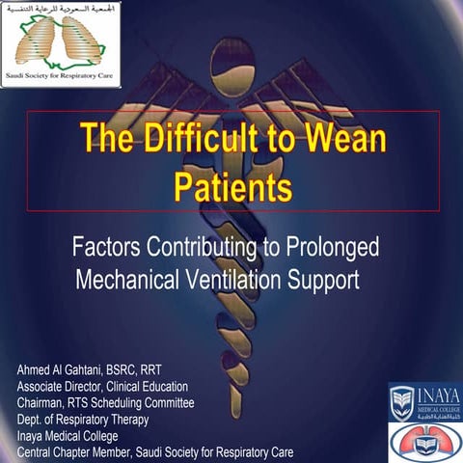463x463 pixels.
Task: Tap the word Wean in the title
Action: point(344,140)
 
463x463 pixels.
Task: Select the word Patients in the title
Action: point(232,183)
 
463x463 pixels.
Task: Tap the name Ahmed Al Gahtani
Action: point(62,370)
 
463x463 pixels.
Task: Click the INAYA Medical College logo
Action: point(424,400)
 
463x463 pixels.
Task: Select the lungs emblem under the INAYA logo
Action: point(423,441)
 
